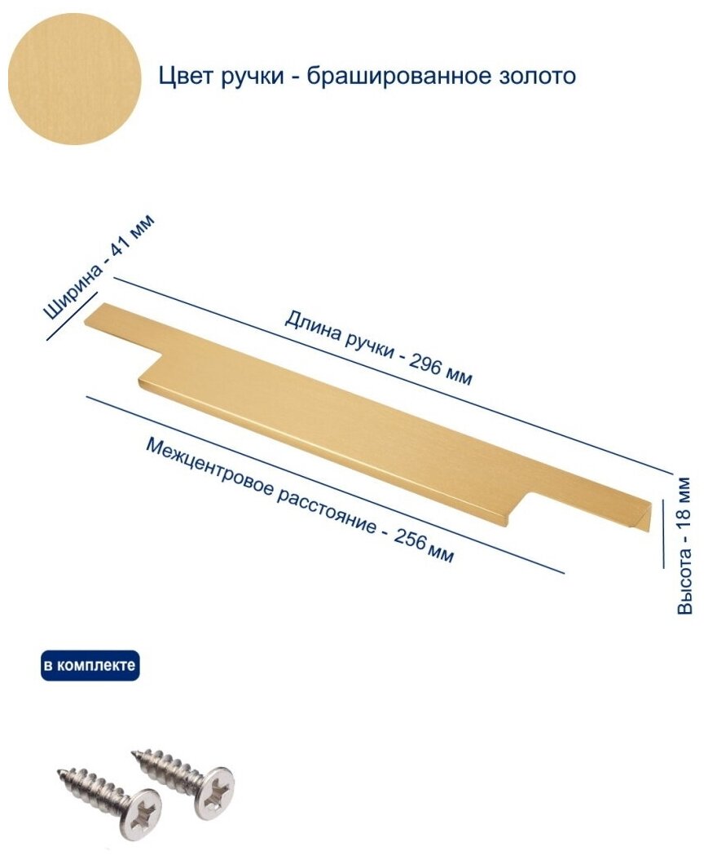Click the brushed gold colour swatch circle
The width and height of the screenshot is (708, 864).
75,78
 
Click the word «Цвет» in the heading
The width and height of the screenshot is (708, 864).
183,76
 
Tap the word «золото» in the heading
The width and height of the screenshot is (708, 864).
540,76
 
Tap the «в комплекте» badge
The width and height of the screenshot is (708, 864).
90,665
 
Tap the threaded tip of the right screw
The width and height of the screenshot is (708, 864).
134,753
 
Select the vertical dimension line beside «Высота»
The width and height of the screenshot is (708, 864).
663,533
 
